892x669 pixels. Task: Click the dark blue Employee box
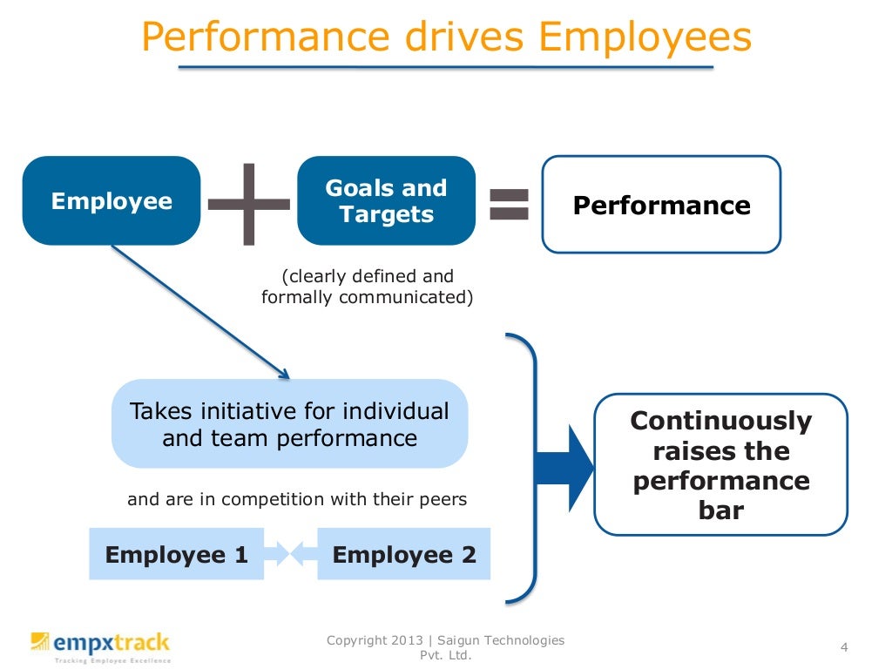(x=111, y=201)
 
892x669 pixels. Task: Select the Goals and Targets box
(x=386, y=201)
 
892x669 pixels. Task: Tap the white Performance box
(x=661, y=205)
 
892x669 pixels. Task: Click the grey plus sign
(x=250, y=203)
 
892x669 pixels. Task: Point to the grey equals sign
(x=510, y=203)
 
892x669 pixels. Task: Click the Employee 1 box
(x=176, y=554)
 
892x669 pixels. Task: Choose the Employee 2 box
(x=404, y=554)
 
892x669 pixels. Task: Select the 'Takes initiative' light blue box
(x=289, y=423)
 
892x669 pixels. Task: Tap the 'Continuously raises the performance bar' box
(x=720, y=464)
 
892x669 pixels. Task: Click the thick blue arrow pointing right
(x=564, y=465)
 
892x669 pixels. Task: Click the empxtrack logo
(x=100, y=645)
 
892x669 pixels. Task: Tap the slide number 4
(x=843, y=646)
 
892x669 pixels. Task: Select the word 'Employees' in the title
(x=645, y=38)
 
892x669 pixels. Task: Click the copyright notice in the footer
(x=445, y=647)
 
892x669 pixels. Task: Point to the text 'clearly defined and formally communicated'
(x=367, y=287)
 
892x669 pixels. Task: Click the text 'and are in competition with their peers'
(x=297, y=500)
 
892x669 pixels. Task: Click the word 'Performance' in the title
(x=265, y=38)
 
